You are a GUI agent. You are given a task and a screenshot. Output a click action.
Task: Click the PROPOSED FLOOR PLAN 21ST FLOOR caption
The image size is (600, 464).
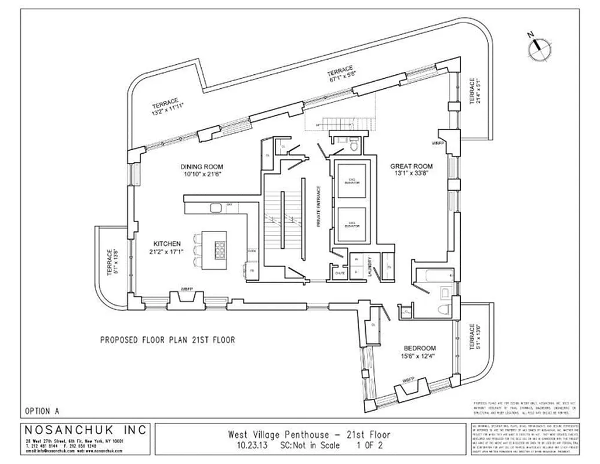(x=168, y=340)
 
